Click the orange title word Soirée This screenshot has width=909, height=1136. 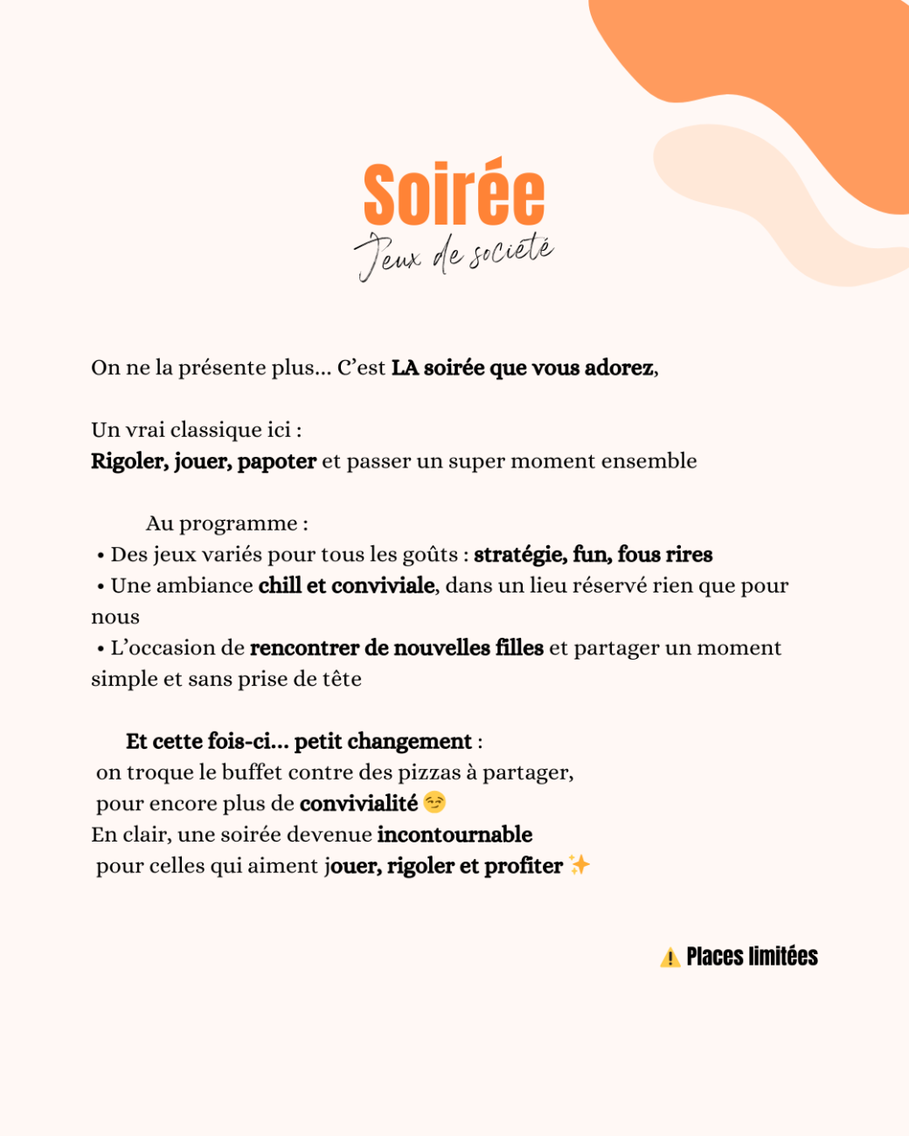click(454, 194)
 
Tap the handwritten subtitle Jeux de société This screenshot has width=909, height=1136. click(454, 256)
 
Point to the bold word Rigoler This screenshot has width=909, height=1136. click(128, 461)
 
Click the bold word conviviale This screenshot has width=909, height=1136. click(384, 585)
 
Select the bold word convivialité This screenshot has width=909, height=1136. click(358, 804)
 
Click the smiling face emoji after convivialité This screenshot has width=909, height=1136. click(434, 802)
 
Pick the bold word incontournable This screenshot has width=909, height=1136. click(454, 835)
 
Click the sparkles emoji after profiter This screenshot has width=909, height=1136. click(579, 865)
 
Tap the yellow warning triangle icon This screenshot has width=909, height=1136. click(670, 958)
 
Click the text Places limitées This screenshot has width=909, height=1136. click(752, 957)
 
